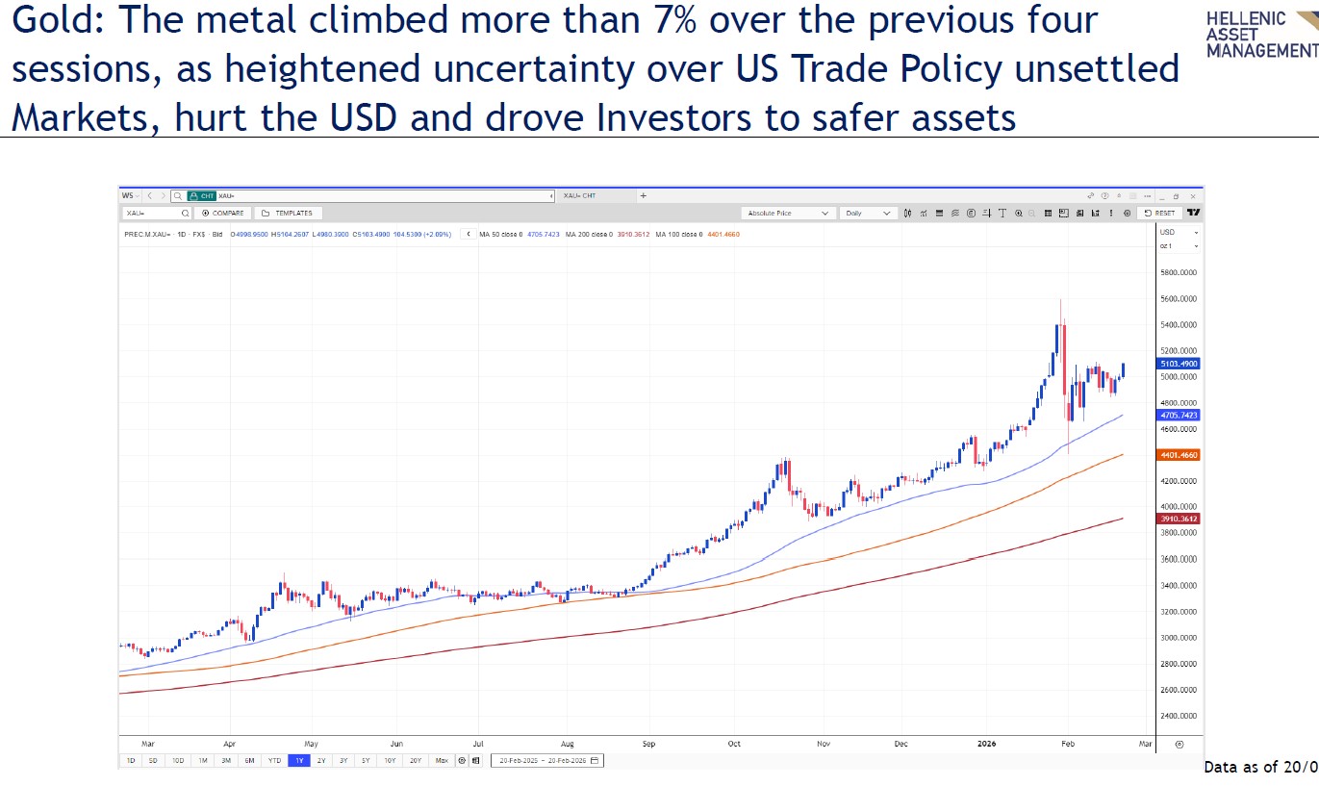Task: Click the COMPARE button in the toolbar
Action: coord(223,213)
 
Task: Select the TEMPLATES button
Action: coord(289,213)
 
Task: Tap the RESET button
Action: coord(1160,213)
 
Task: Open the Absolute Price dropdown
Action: coord(788,213)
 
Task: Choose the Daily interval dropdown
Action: coord(868,213)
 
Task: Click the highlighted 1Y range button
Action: coord(298,760)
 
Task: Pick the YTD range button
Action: coord(274,760)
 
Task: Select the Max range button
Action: coord(442,760)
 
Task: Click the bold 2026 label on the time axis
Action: coord(986,743)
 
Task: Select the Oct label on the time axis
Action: coord(734,743)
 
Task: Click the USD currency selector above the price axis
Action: coord(1179,233)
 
